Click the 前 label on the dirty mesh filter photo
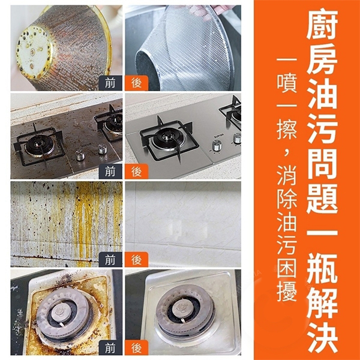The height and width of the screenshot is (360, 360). tap(110, 83)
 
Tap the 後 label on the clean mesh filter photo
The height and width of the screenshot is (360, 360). tap(137, 83)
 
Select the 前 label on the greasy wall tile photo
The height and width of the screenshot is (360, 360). tap(110, 260)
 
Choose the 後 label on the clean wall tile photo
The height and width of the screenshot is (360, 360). tap(137, 260)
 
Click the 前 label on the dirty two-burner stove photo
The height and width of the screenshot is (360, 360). tap(110, 171)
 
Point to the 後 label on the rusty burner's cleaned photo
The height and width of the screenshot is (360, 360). tap(137, 347)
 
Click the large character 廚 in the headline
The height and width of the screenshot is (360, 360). tap(322, 24)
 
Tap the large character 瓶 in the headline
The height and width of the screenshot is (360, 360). tap(322, 269)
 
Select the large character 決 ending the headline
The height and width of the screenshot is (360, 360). tap(322, 338)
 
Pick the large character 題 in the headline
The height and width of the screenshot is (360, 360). tap(322, 199)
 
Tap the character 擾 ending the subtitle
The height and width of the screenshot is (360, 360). tap(287, 291)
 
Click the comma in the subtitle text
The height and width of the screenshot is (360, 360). tap(286, 152)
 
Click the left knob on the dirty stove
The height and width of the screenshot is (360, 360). tap(80, 155)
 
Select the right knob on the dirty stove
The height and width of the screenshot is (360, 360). tap(103, 149)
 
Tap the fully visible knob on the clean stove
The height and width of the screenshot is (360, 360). tap(217, 146)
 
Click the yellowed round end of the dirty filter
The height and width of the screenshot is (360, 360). tap(34, 52)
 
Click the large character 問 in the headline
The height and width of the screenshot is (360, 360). tap(322, 164)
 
